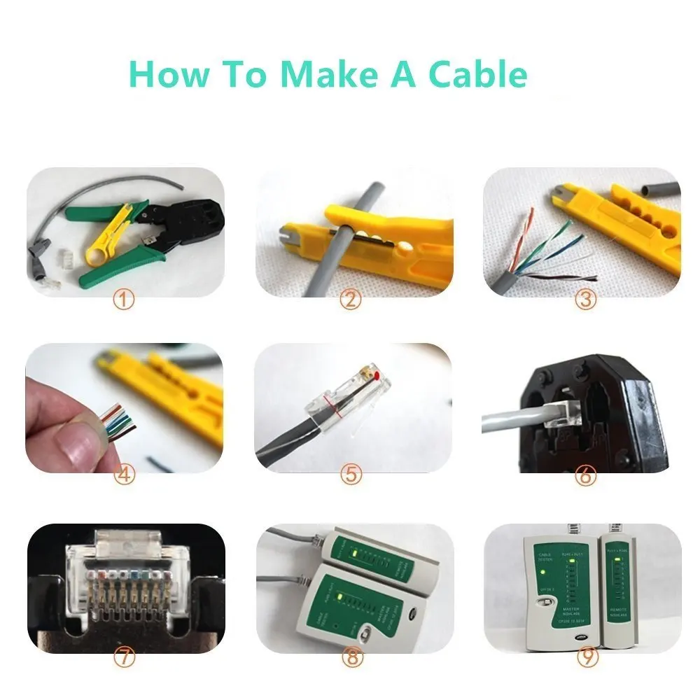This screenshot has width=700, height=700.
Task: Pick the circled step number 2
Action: tap(351, 301)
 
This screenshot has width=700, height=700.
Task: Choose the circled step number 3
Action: tap(584, 301)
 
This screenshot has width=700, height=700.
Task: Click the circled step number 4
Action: tap(123, 475)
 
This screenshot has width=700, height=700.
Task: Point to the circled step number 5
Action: tap(351, 475)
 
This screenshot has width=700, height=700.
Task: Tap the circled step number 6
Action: tap(584, 475)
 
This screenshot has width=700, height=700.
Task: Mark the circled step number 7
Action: tap(123, 657)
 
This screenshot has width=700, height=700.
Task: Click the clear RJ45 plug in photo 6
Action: tap(553, 416)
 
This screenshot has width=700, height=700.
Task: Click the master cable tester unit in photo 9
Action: tap(558, 588)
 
